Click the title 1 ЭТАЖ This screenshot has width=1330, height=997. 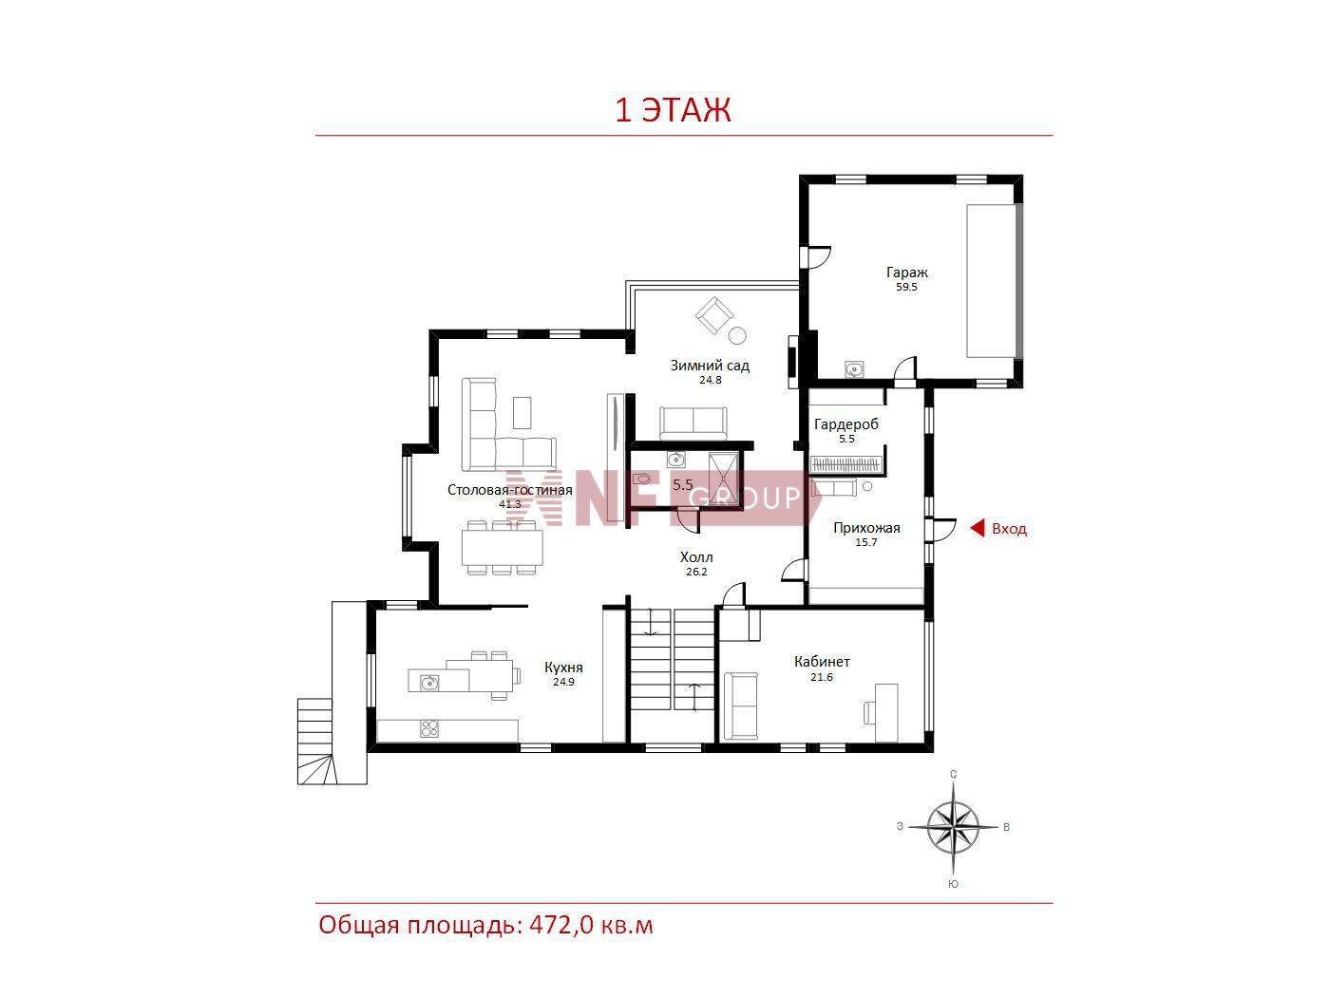(x=673, y=110)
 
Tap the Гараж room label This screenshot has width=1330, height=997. (x=906, y=273)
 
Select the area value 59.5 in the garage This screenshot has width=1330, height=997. (x=906, y=287)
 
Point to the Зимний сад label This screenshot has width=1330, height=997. (x=710, y=366)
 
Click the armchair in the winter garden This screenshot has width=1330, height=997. (x=714, y=315)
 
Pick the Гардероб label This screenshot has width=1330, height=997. (x=845, y=424)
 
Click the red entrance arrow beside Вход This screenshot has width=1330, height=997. (x=977, y=529)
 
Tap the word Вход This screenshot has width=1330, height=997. (x=1009, y=529)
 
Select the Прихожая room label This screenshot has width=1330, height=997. (x=866, y=528)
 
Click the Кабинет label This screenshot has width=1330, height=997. (x=822, y=662)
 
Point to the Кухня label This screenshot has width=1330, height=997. (x=563, y=668)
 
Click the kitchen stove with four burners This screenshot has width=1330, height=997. (x=429, y=729)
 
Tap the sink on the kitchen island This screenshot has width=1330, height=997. (x=429, y=684)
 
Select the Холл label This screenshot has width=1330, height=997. (x=696, y=557)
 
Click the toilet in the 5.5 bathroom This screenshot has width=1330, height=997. (x=641, y=480)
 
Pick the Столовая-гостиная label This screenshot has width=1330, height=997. (x=509, y=490)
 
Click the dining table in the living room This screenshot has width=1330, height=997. (x=502, y=547)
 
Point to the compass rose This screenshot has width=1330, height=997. (x=953, y=827)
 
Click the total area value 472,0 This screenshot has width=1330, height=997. (x=561, y=926)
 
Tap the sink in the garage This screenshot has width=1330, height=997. (x=854, y=368)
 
